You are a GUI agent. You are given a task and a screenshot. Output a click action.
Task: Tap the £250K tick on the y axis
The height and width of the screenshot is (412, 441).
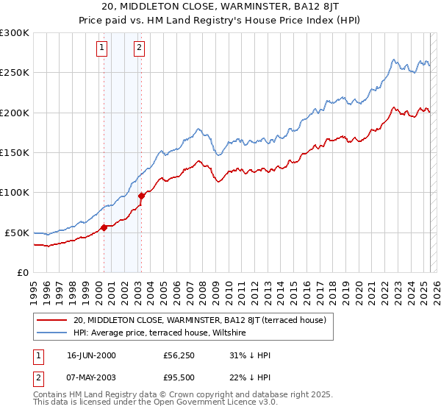(x=15, y=73)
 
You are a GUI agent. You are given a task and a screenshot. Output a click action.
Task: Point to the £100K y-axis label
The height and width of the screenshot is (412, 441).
(x=15, y=192)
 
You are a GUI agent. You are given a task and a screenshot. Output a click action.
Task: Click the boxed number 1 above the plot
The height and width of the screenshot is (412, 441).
(x=102, y=49)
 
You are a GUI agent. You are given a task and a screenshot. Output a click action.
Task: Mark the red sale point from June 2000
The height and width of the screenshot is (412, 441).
(x=104, y=227)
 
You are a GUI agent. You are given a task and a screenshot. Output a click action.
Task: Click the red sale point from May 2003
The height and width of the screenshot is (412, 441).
(x=141, y=196)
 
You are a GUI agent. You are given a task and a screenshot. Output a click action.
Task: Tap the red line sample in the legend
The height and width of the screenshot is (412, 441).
(x=52, y=320)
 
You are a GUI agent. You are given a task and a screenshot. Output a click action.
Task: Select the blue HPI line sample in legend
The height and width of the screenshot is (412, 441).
(x=52, y=333)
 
